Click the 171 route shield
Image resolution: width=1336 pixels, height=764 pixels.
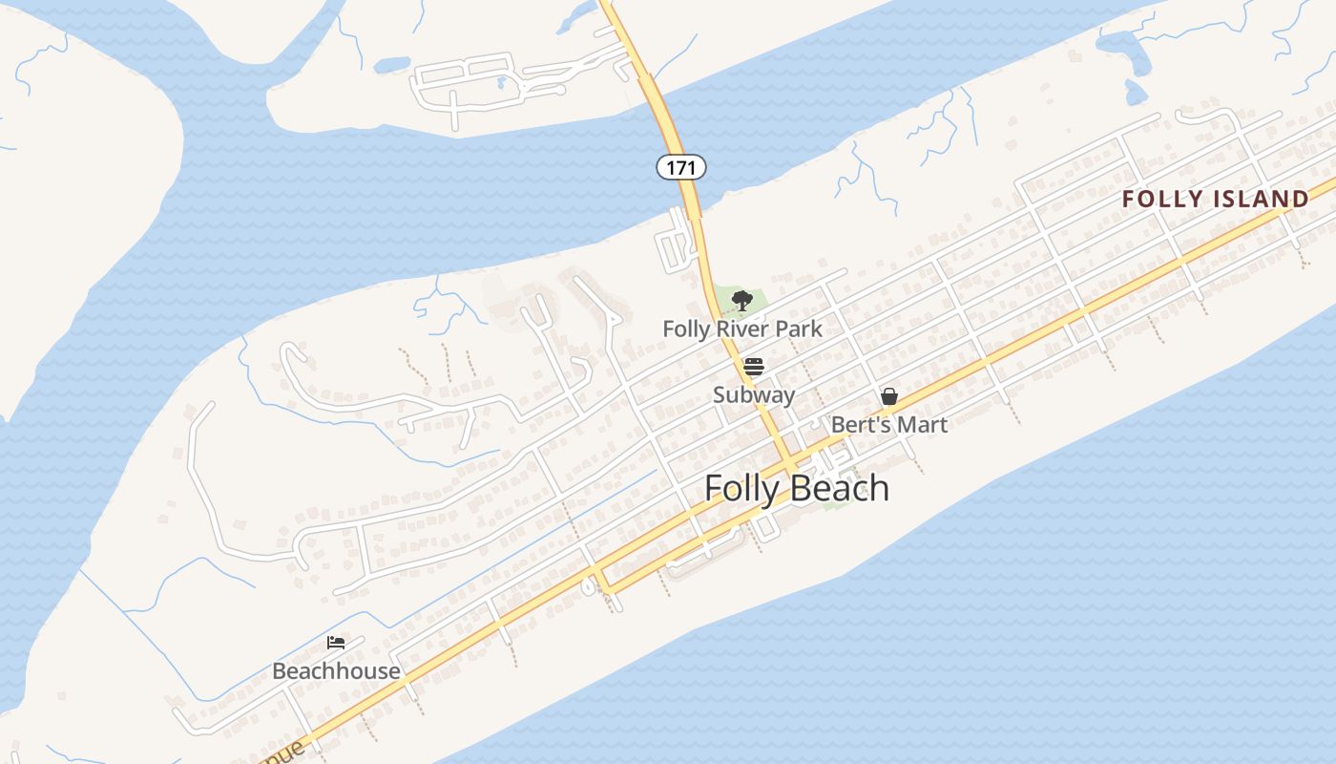tap(680, 167)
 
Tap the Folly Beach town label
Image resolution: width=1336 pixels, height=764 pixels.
tap(797, 488)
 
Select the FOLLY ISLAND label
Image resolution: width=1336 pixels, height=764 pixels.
tap(1215, 199)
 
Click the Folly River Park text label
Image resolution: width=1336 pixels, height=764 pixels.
tap(742, 329)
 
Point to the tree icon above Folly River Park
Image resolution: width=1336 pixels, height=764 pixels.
tap(741, 301)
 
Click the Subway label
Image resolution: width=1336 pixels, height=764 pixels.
tap(754, 394)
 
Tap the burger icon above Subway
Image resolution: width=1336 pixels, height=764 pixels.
tap(754, 367)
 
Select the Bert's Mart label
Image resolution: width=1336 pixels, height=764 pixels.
tap(889, 424)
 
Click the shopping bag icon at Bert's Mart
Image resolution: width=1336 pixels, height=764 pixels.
tap(889, 395)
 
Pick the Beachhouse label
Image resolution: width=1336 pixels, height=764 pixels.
tap(336, 670)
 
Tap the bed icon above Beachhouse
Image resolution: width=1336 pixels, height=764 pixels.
tap(336, 642)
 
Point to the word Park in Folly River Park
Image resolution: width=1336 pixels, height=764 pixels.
tap(799, 329)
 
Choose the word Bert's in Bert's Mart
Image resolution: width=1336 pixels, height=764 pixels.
tap(859, 424)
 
